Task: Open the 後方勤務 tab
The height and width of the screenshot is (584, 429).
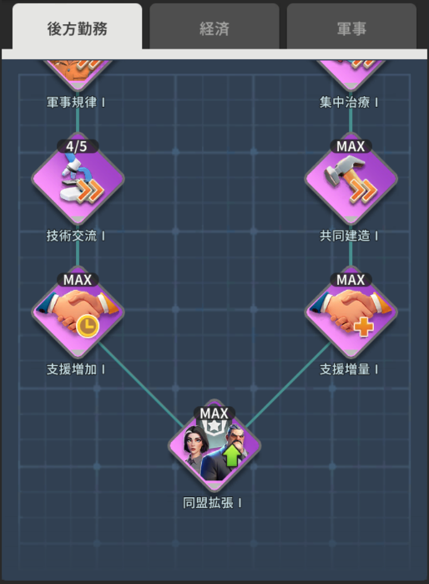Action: (x=77, y=27)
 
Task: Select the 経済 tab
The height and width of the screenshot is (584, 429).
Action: (x=214, y=27)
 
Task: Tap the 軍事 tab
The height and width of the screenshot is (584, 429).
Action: (x=351, y=27)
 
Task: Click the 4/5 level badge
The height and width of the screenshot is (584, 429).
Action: (x=78, y=146)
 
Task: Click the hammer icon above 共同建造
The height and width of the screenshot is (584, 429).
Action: (x=351, y=179)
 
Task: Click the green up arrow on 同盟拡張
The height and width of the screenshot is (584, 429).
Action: (x=231, y=456)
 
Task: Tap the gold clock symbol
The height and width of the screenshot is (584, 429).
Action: (x=88, y=327)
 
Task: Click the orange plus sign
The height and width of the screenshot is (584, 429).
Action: (x=363, y=327)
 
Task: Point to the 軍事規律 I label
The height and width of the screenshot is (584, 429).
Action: (x=75, y=102)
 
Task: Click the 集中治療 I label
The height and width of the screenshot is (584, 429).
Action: (x=349, y=102)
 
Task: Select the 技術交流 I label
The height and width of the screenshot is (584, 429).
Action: (x=75, y=236)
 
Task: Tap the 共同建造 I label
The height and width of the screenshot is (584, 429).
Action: (x=349, y=236)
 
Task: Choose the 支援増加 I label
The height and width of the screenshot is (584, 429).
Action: (x=75, y=369)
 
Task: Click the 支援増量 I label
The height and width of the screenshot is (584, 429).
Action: (x=349, y=369)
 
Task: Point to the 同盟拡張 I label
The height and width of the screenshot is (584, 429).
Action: (x=212, y=503)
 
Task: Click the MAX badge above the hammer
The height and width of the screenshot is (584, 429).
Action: (x=351, y=146)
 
